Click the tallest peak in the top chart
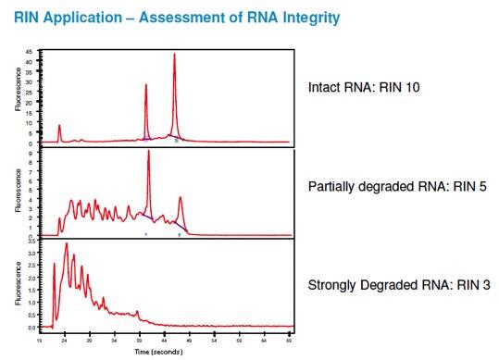(174, 55)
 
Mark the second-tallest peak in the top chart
(146, 86)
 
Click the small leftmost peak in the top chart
(59, 126)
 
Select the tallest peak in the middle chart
(148, 152)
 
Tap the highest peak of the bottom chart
(66, 244)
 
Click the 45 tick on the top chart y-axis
(31, 52)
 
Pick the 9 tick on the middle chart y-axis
(31, 152)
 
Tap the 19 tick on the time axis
(39, 341)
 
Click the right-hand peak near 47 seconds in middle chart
(180, 197)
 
